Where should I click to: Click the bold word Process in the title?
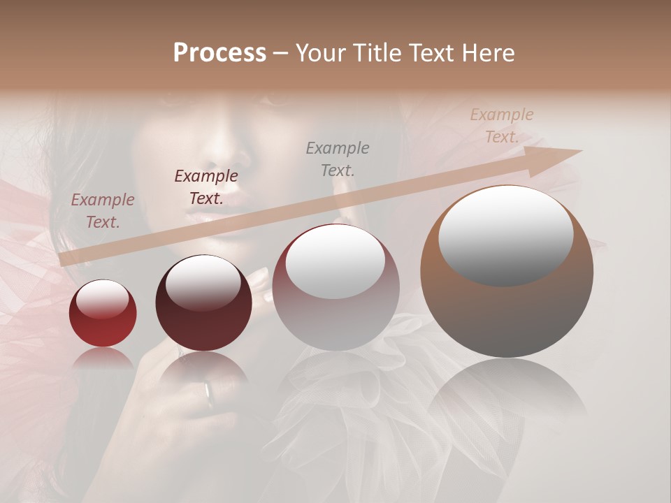pyautogui.click(x=219, y=53)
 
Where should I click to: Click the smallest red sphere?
pyautogui.click(x=103, y=314)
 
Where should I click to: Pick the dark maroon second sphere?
pyautogui.click(x=203, y=307)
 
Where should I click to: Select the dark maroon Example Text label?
pyautogui.click(x=206, y=187)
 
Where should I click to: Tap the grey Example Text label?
pyautogui.click(x=338, y=159)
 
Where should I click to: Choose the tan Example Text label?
pyautogui.click(x=502, y=126)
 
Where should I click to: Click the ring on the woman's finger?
pyautogui.click(x=208, y=393)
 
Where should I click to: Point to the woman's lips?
pyautogui.click(x=222, y=210)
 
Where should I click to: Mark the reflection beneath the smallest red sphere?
pyautogui.click(x=103, y=360)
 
